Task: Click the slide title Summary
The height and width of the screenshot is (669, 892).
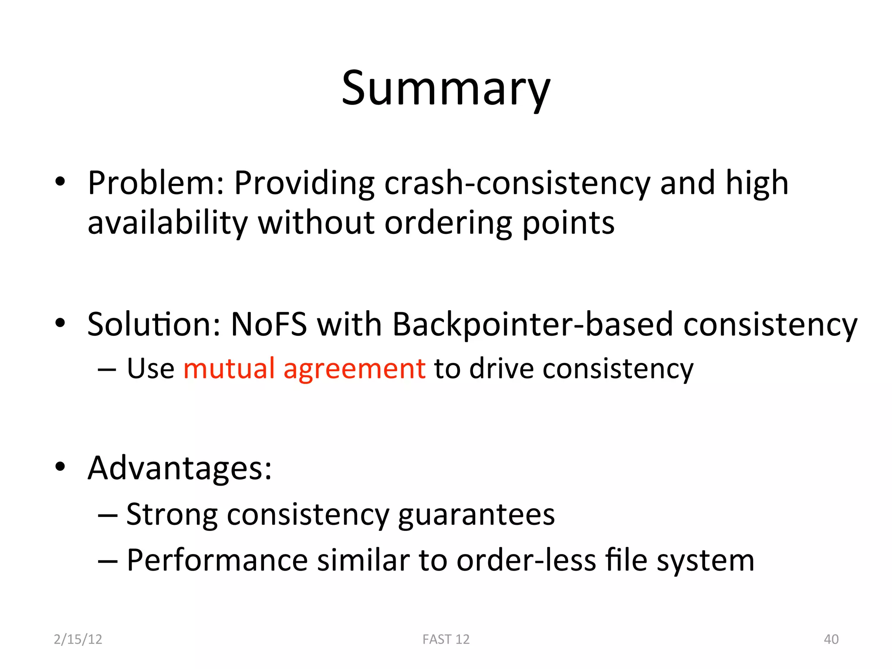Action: [446, 89]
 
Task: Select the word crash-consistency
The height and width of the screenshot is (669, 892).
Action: [517, 183]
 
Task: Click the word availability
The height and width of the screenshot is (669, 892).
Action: [168, 223]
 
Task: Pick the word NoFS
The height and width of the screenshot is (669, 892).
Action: [268, 324]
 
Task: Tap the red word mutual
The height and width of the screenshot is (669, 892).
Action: [229, 368]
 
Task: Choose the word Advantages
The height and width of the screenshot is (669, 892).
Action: [179, 468]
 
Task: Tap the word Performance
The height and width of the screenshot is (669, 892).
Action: [217, 560]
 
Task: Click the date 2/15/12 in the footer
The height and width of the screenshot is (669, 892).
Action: [78, 639]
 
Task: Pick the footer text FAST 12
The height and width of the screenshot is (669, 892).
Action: [446, 639]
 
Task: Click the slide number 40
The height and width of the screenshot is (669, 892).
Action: [831, 639]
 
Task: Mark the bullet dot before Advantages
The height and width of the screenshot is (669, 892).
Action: [60, 466]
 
